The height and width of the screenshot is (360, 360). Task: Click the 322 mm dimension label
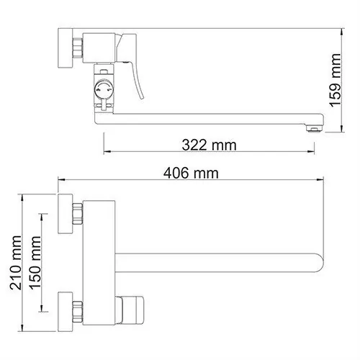point(210,145)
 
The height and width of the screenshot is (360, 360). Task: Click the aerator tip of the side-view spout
point(311,127)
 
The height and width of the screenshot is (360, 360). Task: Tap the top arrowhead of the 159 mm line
point(333,31)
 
